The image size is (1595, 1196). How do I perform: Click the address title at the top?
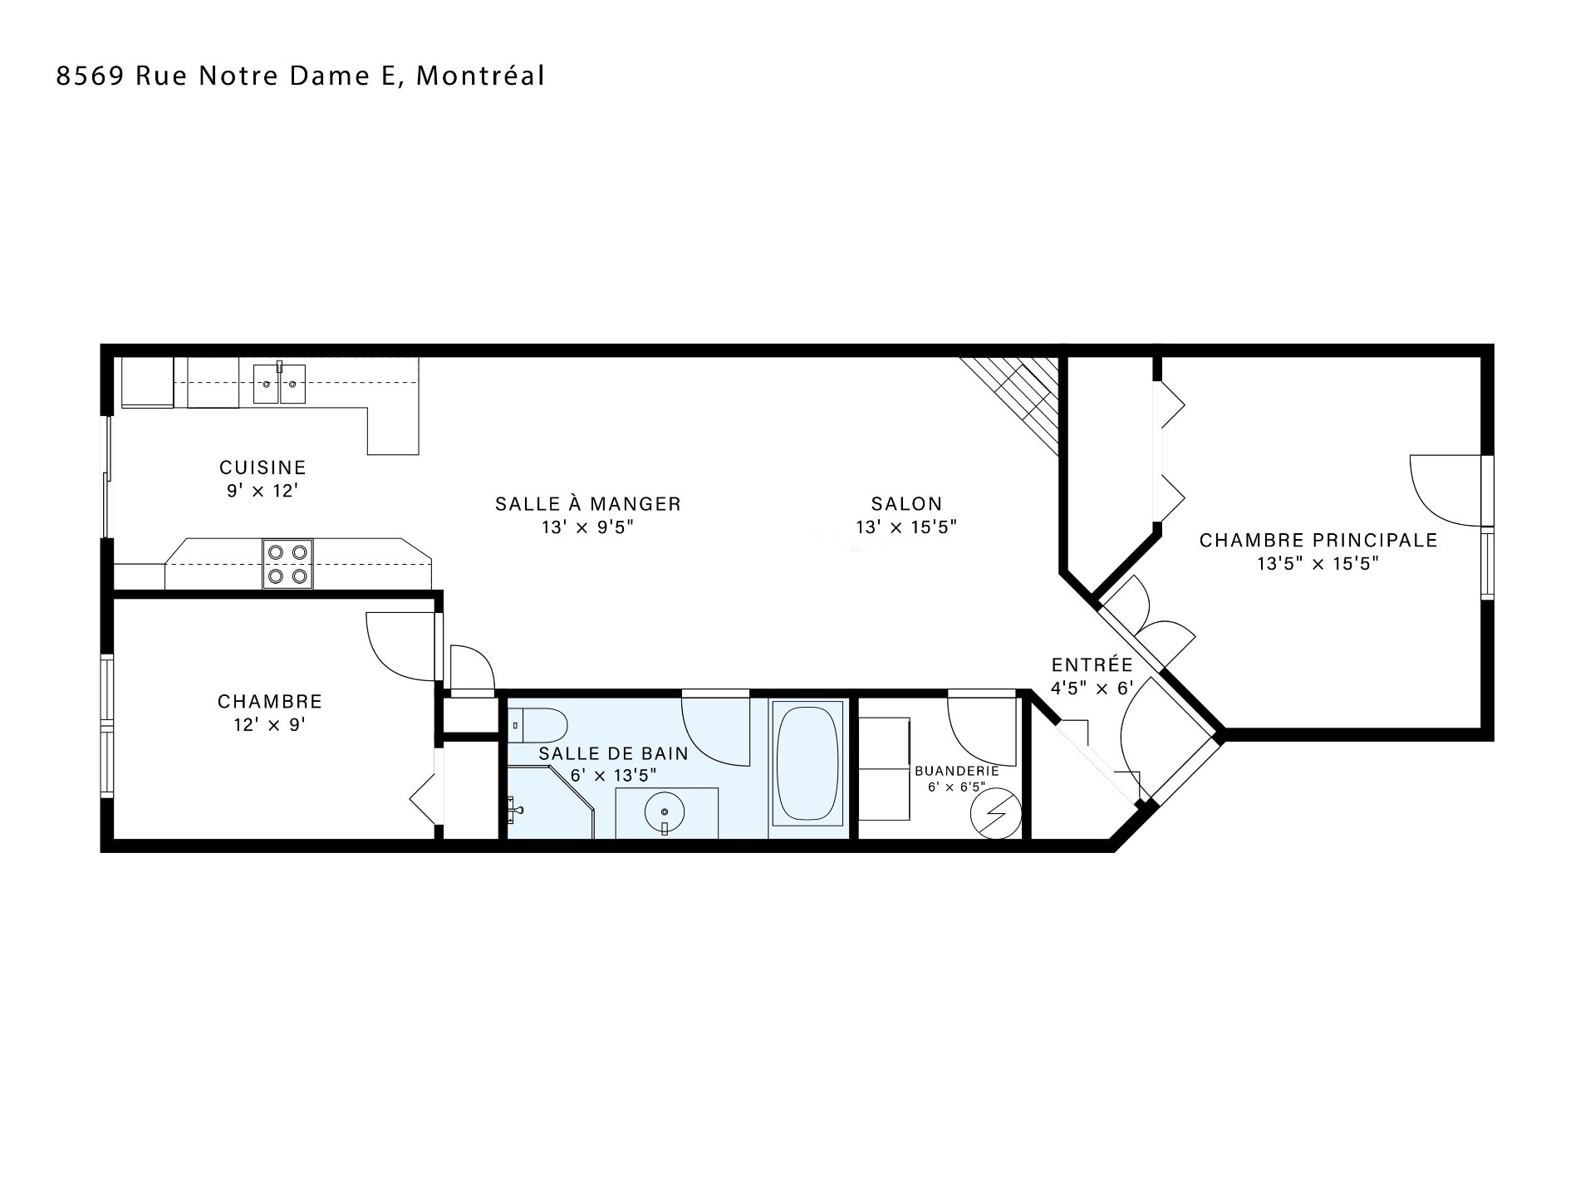click(300, 76)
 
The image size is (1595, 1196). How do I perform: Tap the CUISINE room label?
click(263, 468)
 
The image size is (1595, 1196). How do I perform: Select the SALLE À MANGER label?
click(588, 503)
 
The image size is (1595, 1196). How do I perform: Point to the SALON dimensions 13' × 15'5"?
click(906, 527)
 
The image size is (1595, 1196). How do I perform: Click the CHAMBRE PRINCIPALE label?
click(1318, 540)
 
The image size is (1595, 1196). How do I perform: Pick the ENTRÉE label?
click(1092, 664)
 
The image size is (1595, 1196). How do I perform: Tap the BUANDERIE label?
click(956, 770)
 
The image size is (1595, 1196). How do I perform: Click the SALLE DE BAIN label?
click(613, 753)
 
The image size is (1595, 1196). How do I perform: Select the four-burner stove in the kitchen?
click(287, 564)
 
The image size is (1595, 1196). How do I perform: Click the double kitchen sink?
click(279, 384)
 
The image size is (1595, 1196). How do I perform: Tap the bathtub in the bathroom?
click(807, 763)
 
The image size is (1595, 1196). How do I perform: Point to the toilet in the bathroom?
click(537, 726)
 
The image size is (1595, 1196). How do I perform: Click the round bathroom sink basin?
click(665, 812)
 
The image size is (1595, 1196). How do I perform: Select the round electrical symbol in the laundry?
click(994, 812)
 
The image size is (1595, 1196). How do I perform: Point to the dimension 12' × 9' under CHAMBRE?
click(270, 724)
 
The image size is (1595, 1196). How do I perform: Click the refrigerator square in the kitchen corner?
click(147, 382)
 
